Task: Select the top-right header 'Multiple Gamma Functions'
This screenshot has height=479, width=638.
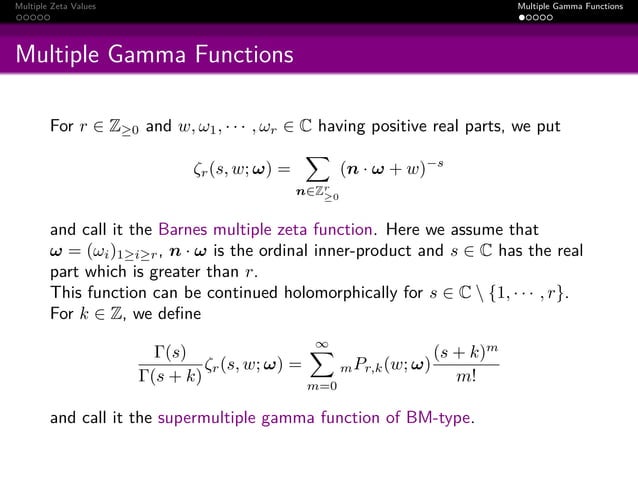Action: click(577, 7)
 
